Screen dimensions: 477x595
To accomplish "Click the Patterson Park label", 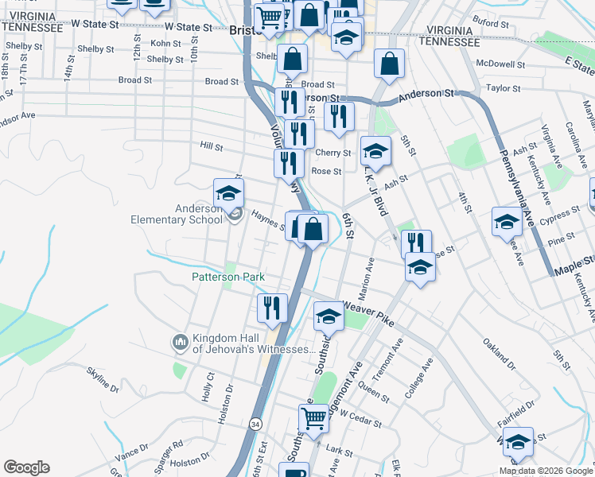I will pos(227,277).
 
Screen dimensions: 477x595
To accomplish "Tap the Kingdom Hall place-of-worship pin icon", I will pos(179,343).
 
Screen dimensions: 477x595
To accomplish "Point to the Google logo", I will pos(26,467).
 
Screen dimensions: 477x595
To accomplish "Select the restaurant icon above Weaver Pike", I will pos(272,307).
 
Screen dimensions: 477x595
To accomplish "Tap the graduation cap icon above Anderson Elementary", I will pos(228,192).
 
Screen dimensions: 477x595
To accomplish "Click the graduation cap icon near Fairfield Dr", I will pos(518,442).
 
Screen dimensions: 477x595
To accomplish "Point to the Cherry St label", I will pos(332,153).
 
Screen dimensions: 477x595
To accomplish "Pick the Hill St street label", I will pos(212,146).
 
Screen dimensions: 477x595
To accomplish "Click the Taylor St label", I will pos(503,88).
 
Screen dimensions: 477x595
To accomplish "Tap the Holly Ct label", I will pos(210,385).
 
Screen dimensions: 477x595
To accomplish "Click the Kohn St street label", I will pos(165,43).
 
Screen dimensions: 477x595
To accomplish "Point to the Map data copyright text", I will pos(546,471).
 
